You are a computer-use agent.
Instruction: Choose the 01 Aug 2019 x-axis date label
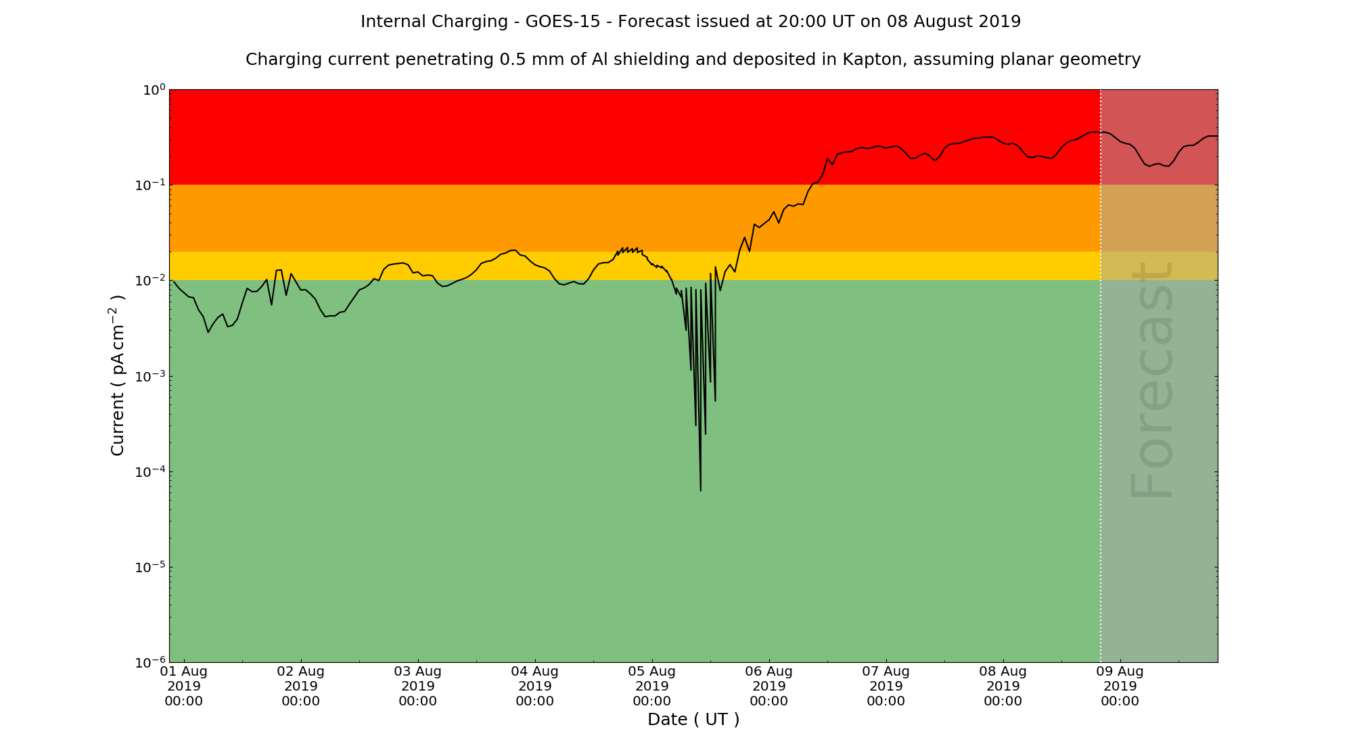pyautogui.click(x=184, y=686)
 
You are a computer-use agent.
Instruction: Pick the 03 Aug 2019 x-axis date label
pyautogui.click(x=418, y=686)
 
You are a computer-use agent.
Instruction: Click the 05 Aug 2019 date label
pyautogui.click(x=652, y=686)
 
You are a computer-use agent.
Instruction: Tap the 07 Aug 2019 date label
pyautogui.click(x=886, y=686)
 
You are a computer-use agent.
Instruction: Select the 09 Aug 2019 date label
pyautogui.click(x=1120, y=686)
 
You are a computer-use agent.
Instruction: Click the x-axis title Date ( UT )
pyautogui.click(x=693, y=720)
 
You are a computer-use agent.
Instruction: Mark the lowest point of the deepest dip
pyautogui.click(x=700, y=490)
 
